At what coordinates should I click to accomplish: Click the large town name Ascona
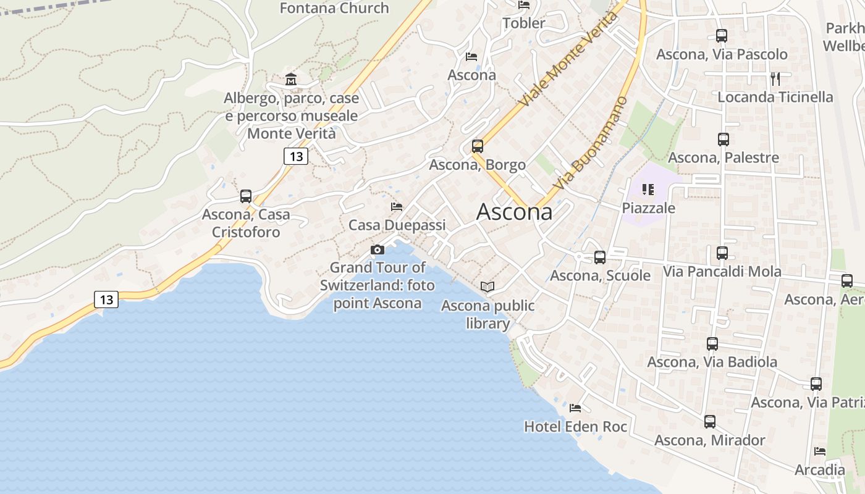coord(514,212)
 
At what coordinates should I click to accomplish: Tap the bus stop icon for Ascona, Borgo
coord(478,146)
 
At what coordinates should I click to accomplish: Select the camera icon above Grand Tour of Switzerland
coord(377,249)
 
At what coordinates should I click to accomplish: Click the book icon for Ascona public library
coord(487,287)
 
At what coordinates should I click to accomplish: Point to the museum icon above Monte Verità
coord(291,79)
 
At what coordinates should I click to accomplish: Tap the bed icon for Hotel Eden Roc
coord(575,408)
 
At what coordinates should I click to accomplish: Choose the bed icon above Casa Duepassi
coord(397,206)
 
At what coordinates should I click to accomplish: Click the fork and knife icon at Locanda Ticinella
coord(775,78)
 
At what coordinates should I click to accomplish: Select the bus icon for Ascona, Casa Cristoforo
coord(246,196)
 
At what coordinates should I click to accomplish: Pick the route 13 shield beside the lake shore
coord(106,299)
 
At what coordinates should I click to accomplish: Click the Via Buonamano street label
coord(590,143)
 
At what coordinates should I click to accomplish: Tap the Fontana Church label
coord(334,8)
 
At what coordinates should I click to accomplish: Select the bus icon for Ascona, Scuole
coord(600,257)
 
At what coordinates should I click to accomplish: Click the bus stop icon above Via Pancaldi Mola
coord(722,253)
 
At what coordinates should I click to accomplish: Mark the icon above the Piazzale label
coord(648,189)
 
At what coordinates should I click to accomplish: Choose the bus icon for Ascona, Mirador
coord(710,422)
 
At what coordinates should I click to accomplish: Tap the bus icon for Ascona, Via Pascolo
coord(722,36)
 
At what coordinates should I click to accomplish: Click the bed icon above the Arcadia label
coord(820,451)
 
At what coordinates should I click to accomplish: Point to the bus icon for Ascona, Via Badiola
coord(712,343)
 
